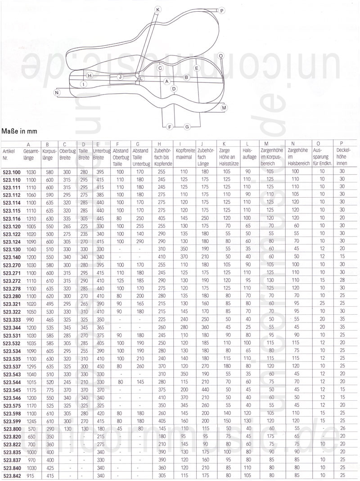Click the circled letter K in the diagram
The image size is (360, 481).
[158, 9]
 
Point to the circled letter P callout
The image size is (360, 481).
[221, 10]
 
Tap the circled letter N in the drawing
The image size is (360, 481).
[57, 92]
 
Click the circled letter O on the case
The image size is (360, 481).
[220, 56]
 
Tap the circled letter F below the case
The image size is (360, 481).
[170, 127]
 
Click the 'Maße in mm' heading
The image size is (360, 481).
[19, 132]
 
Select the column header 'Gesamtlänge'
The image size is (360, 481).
[31, 154]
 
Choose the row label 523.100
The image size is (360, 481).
[12, 172]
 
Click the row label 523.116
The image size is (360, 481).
[12, 218]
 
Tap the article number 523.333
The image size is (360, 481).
[12, 319]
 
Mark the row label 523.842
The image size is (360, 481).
[12, 476]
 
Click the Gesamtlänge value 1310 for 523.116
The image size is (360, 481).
[31, 218]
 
